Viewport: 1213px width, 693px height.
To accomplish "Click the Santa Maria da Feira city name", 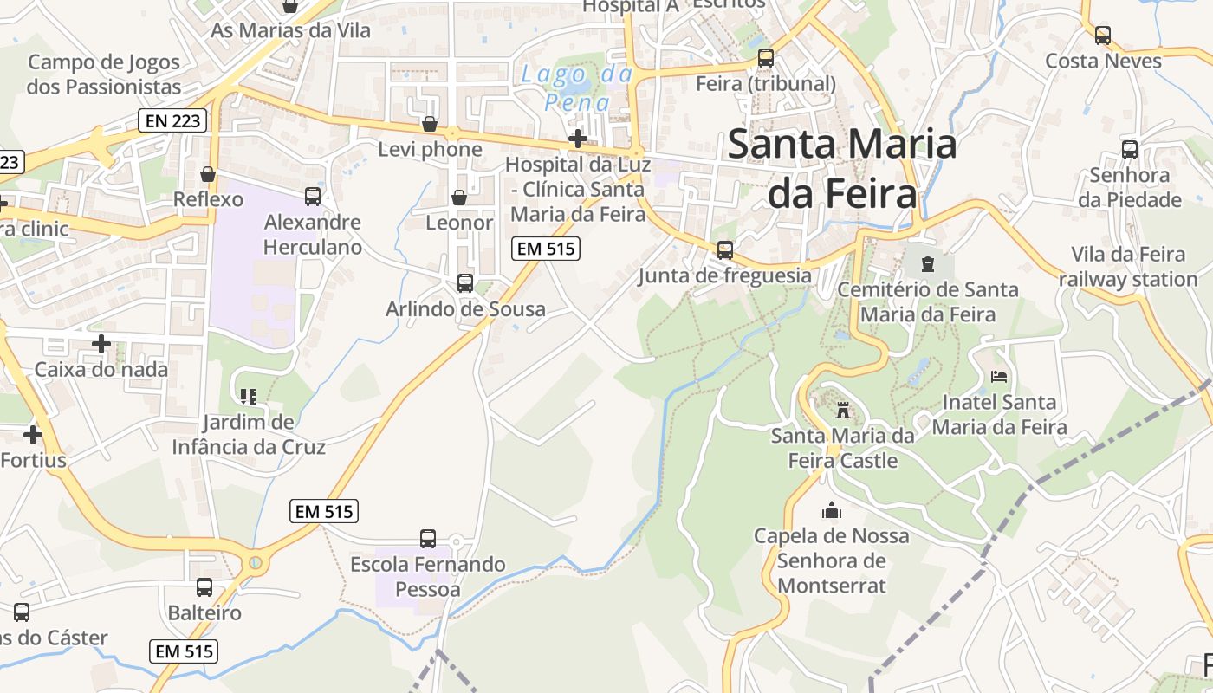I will point(842,169).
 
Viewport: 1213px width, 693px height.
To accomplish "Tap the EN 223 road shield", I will point(173,121).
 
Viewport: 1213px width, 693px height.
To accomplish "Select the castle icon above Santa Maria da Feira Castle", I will point(842,410).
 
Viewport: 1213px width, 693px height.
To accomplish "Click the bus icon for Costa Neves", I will point(1102,36).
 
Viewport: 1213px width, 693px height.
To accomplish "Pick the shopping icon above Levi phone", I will point(429,125).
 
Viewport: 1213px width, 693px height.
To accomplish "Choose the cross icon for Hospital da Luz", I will point(577,139).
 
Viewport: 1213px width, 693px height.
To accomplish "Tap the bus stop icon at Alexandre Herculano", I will point(312,198).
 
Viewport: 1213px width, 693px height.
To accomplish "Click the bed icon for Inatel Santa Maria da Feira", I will point(999,377).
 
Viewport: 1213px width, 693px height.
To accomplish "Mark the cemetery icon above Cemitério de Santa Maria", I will point(928,263).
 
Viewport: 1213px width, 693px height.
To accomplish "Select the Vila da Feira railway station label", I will point(1127,267).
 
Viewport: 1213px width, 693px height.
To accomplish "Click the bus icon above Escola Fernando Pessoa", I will point(428,539).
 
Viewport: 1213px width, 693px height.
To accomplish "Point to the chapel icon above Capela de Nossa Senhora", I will point(832,510).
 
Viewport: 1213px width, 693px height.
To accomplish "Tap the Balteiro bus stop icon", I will point(204,587).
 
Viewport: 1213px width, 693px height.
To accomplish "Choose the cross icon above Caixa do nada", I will point(101,344).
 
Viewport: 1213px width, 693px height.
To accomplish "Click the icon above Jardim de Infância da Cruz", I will point(249,397).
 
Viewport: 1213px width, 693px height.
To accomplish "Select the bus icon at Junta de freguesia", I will point(724,250).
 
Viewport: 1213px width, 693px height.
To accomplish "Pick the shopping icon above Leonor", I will point(459,198).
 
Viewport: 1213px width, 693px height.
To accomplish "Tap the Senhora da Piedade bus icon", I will point(1130,150).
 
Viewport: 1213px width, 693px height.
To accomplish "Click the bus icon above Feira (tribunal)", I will point(766,58).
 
